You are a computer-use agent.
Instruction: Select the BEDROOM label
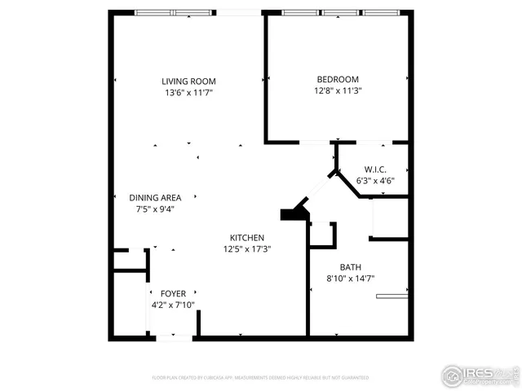338,79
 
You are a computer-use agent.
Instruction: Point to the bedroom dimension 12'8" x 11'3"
338,90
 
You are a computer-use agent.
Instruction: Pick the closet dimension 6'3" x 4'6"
376,181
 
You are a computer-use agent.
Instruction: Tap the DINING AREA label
155,197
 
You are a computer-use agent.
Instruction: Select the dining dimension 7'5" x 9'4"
155,209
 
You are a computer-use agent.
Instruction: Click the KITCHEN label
246,237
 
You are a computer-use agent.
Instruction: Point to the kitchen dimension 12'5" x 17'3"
246,248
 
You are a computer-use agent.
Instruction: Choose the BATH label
350,266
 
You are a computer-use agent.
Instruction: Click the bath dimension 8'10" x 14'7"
350,278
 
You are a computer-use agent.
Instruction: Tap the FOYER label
173,293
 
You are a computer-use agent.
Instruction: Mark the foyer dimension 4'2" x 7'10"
173,305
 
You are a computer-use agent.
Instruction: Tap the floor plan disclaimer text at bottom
261,377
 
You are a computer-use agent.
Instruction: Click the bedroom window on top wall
343,12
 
